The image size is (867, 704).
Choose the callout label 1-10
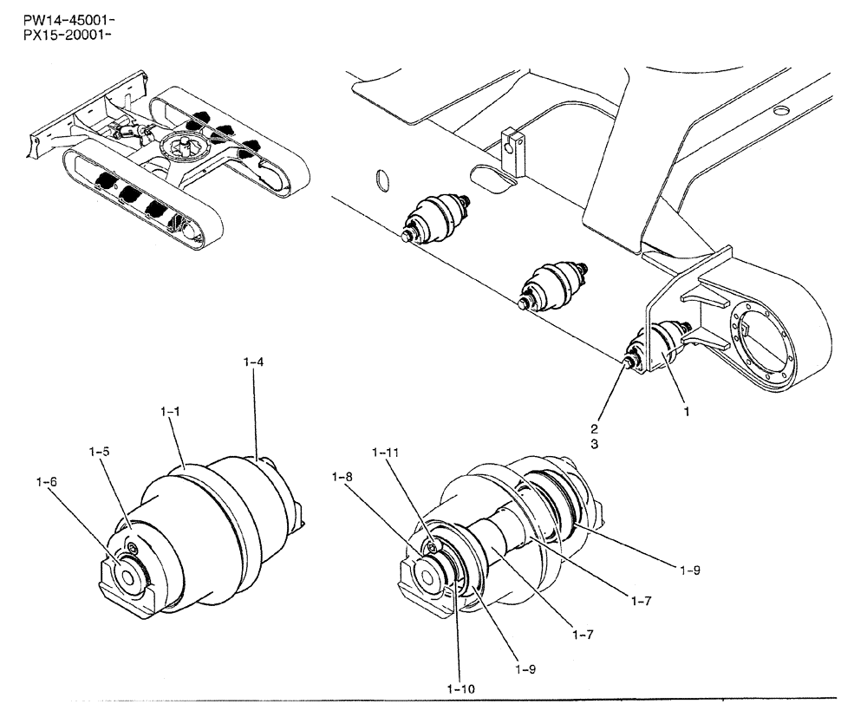coord(461,688)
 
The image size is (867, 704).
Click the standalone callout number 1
coord(687,413)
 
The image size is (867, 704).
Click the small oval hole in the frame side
coord(379,181)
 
